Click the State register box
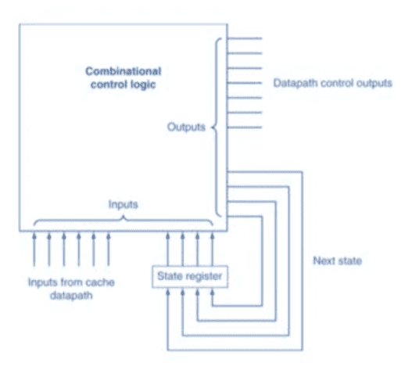190,277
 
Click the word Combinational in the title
124,71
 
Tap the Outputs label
186,127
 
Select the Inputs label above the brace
124,204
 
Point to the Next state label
338,260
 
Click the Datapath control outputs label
332,83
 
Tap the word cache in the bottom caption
100,282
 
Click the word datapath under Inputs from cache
71,296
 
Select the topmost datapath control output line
245,38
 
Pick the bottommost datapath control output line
245,128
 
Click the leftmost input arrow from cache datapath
34,249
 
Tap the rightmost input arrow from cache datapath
109,249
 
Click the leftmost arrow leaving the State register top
168,249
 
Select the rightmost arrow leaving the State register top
213,249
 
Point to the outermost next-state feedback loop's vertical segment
303,260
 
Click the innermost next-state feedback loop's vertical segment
262,260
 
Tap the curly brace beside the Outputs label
217,128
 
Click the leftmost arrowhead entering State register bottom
168,292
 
